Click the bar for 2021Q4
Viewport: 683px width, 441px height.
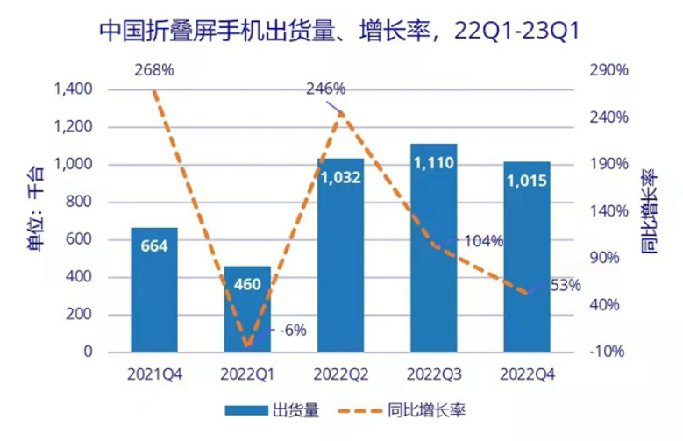154,289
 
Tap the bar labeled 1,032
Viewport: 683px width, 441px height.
340,254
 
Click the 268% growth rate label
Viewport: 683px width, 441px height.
153,69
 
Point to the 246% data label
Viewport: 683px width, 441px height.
325,89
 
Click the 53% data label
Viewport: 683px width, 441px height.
566,285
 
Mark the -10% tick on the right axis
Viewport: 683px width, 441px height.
604,352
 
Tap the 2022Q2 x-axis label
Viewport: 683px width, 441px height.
340,373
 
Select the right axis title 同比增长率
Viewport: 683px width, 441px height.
650,219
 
